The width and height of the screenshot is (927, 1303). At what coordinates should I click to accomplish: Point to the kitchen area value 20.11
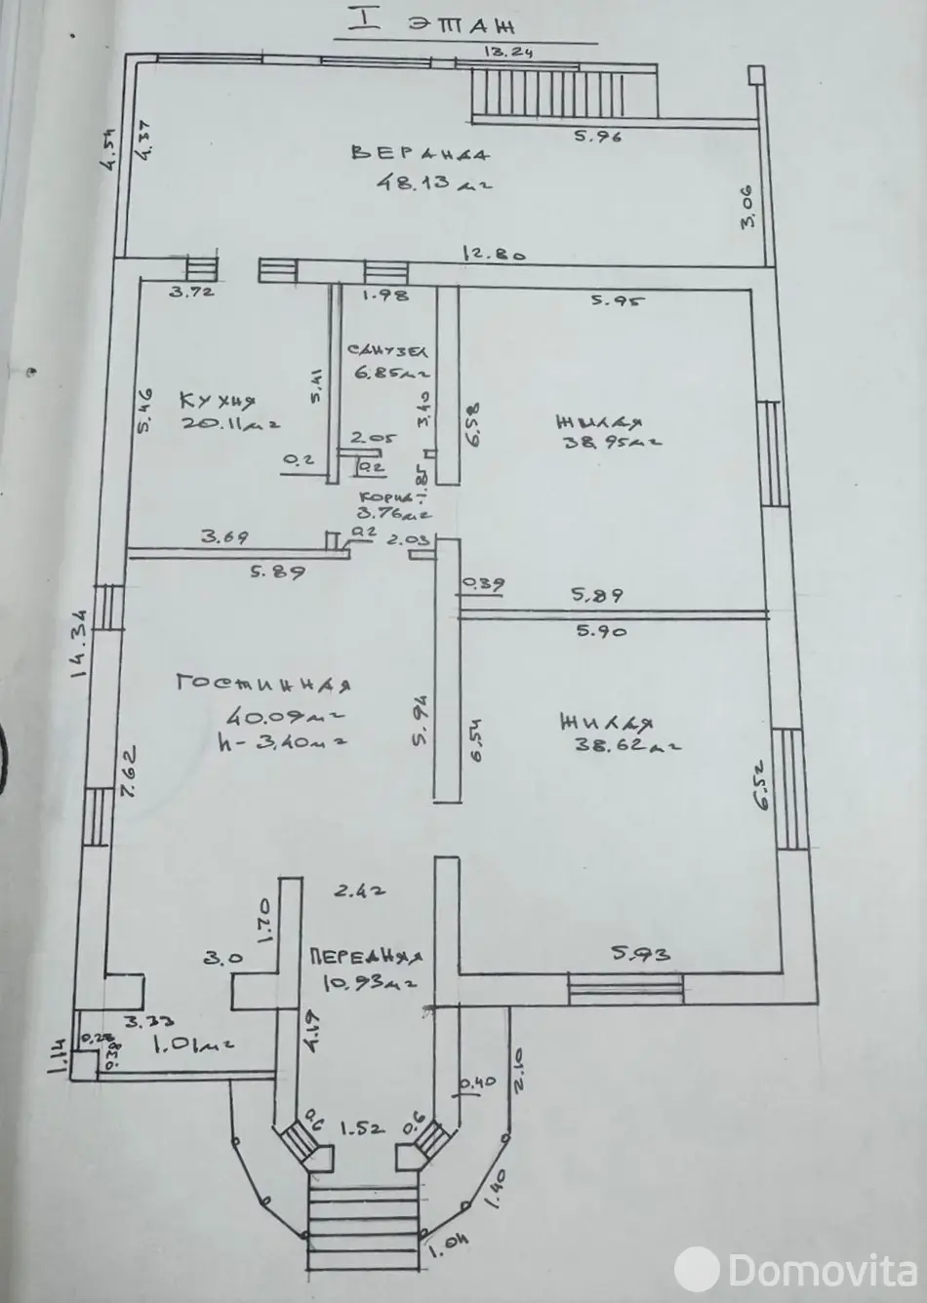pyautogui.click(x=230, y=423)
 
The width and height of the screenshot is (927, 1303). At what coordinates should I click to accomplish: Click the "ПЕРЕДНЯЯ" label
pyautogui.click(x=365, y=958)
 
